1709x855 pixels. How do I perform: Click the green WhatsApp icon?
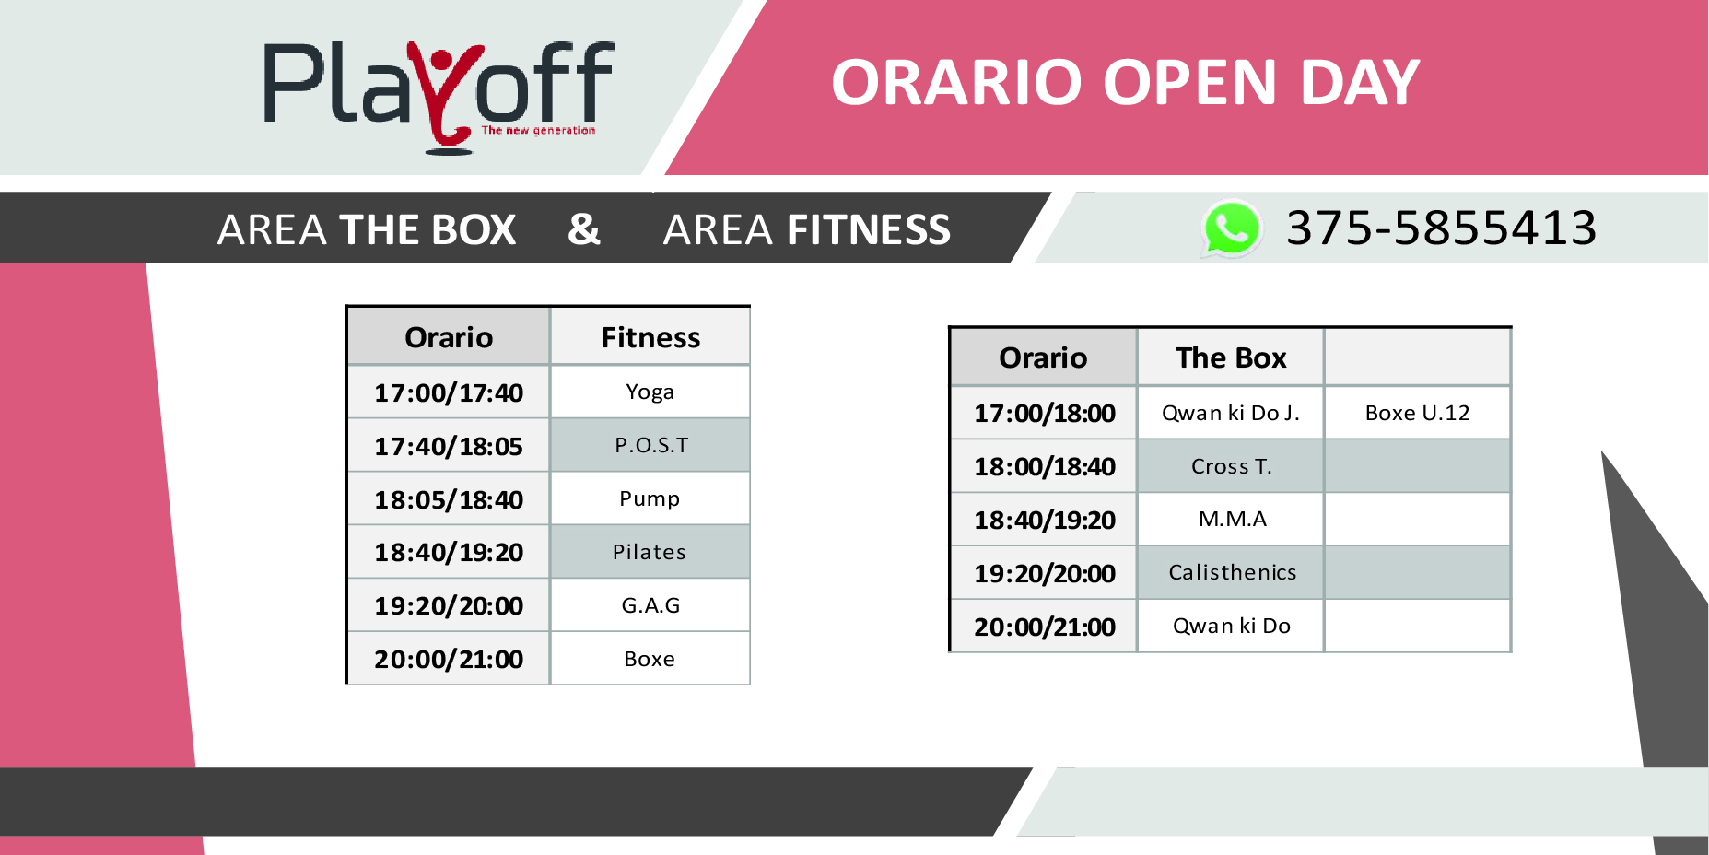tap(1232, 228)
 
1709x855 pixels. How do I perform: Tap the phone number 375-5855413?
tap(1441, 228)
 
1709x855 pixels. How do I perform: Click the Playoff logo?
tap(439, 97)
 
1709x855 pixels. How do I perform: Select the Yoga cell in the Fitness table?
tap(650, 392)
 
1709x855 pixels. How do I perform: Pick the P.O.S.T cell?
tap(650, 445)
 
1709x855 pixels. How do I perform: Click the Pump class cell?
tap(650, 498)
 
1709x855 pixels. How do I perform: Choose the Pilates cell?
tap(650, 552)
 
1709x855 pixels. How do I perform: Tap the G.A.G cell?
tap(650, 605)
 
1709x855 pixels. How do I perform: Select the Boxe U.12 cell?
tap(1417, 413)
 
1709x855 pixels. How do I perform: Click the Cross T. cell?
tap(1231, 466)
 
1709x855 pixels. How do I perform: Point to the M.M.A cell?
tap(1231, 520)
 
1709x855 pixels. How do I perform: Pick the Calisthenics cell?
tap(1231, 572)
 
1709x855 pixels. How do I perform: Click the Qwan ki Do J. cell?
tap(1231, 413)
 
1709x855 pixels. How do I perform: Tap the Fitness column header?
tap(650, 337)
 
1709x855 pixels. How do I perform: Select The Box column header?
tap(1231, 357)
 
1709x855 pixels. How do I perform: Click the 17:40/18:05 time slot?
tap(449, 446)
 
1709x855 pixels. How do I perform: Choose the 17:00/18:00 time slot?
tap(1045, 413)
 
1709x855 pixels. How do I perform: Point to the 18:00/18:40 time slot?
tap(1045, 466)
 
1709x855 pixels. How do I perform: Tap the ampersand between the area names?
tap(584, 228)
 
